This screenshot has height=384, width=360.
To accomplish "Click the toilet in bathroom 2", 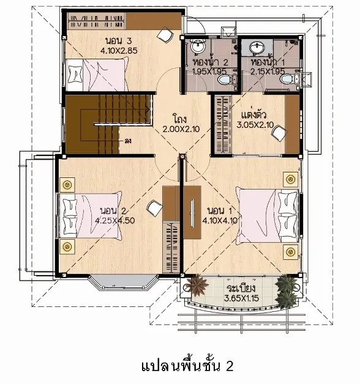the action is [223, 80].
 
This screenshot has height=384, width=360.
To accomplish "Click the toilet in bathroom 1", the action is [287, 79].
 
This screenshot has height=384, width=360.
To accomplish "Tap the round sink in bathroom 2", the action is [198, 46].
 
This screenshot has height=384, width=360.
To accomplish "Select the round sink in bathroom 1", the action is [257, 46].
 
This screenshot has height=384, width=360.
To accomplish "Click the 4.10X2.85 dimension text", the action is [119, 51].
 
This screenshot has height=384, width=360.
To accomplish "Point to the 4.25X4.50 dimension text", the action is [114, 221].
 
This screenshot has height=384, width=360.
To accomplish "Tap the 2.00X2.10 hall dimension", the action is [181, 129].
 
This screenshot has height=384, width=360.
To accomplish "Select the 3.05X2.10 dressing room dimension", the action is [255, 125].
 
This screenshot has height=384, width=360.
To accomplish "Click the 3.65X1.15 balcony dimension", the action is [241, 298].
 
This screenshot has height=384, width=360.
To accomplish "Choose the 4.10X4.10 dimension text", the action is [220, 221].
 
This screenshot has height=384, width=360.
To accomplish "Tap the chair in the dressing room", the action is [279, 133].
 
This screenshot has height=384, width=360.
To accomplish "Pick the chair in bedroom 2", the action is [154, 208].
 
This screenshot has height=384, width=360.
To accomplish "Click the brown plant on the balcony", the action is [197, 285].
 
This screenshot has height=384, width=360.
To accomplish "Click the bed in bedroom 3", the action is [97, 74].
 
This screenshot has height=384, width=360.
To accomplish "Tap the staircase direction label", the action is [128, 141].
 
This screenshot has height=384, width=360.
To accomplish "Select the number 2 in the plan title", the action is [230, 366].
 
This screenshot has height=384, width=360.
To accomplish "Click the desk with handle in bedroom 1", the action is [192, 212].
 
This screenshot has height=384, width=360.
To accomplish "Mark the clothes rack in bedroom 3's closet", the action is [96, 21].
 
